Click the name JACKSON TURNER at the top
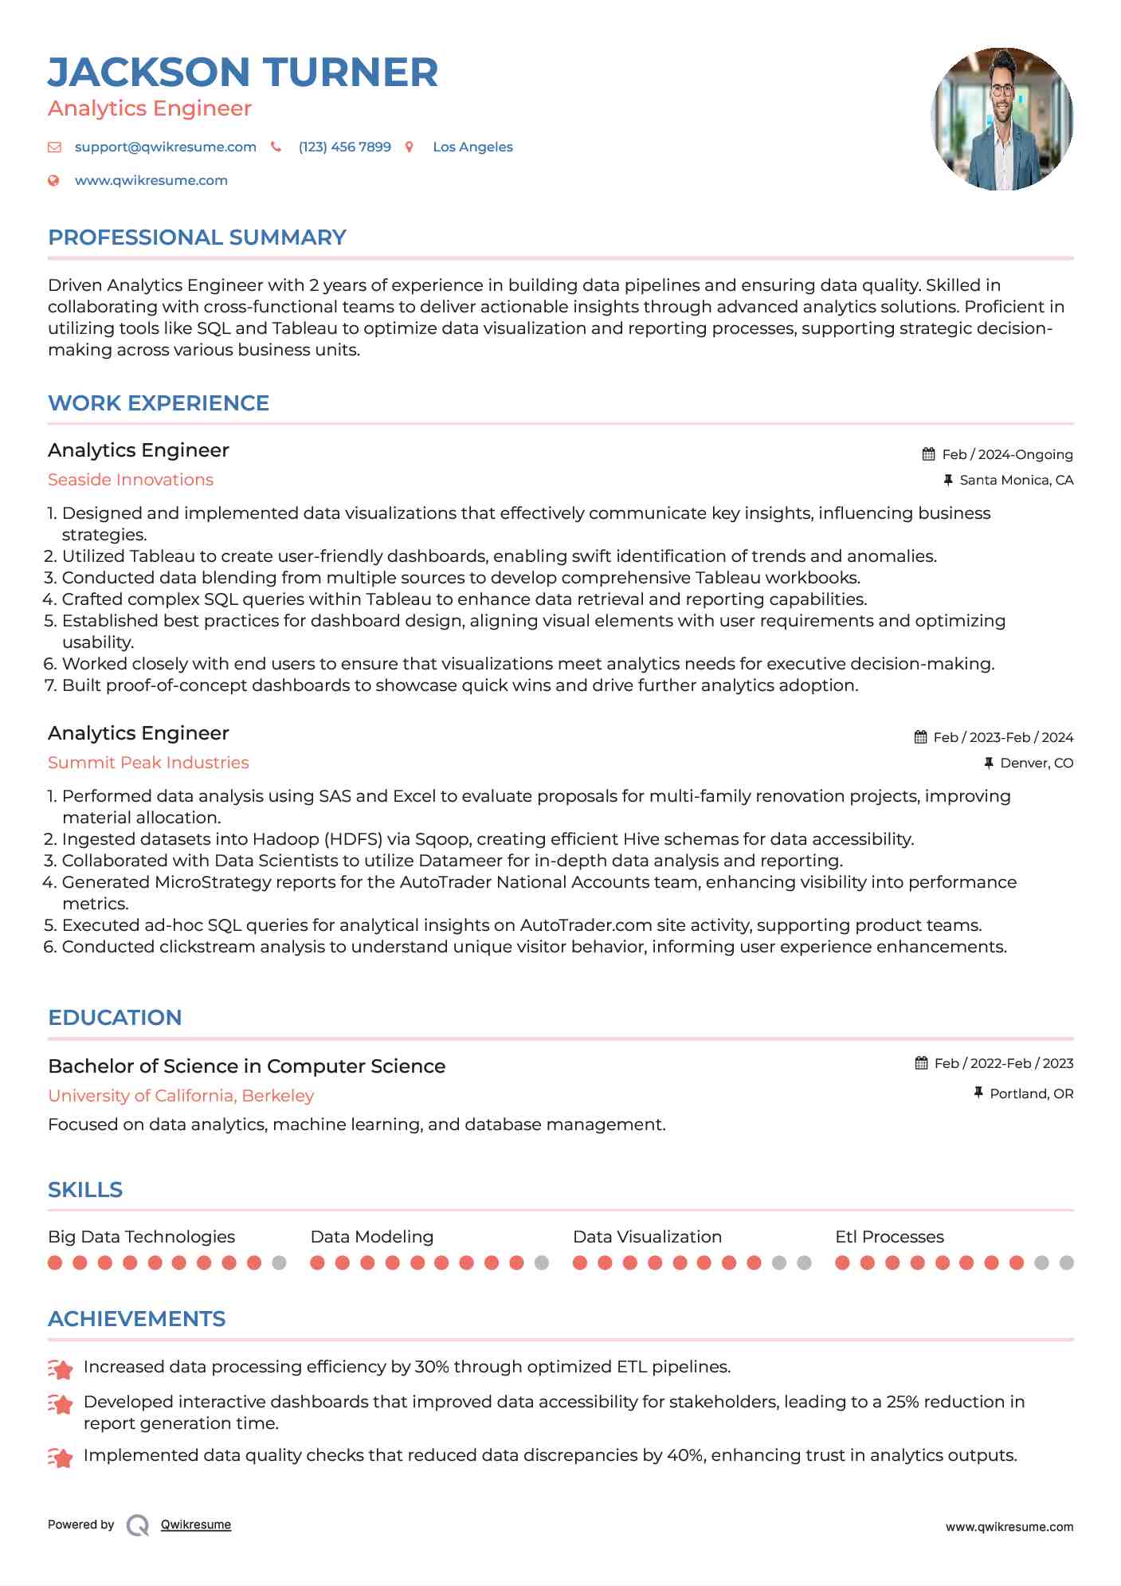point(243,73)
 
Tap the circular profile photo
point(1001,119)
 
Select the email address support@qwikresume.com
point(165,147)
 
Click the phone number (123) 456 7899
point(344,147)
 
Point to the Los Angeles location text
point(472,147)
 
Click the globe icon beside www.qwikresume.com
point(53,181)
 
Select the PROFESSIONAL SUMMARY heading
point(197,238)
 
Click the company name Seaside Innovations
point(131,480)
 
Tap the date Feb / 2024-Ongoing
point(1007,454)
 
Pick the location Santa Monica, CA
point(1016,480)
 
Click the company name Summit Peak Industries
point(148,763)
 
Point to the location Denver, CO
point(1037,763)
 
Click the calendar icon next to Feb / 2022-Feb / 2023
point(921,1063)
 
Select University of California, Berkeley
point(181,1096)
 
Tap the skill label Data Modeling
point(372,1237)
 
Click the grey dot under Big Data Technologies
point(279,1262)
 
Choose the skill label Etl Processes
point(889,1237)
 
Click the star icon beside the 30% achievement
point(61,1368)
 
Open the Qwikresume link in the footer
point(196,1525)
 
